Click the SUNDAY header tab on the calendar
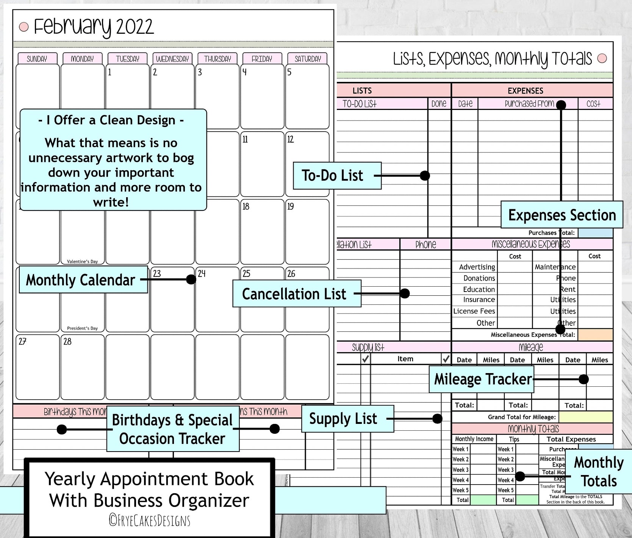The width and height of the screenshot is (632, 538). click(x=37, y=59)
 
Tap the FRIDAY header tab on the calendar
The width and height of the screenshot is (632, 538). click(x=262, y=59)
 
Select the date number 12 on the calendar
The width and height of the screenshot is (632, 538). click(x=291, y=139)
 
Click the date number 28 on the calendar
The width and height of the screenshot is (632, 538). click(x=67, y=341)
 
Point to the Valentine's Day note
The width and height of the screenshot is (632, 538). click(x=82, y=261)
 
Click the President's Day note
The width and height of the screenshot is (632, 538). click(x=82, y=328)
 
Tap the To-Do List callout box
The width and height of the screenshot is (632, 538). click(x=337, y=176)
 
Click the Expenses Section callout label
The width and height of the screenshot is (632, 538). click(x=562, y=215)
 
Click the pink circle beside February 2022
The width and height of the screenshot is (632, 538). click(x=24, y=27)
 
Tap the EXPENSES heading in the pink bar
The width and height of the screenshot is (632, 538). click(x=525, y=91)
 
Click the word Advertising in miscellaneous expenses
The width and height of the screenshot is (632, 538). click(x=477, y=267)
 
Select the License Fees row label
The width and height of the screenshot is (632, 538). click(x=474, y=311)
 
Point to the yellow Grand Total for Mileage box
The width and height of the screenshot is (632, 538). click(x=586, y=417)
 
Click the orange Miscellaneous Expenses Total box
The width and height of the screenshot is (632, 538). click(x=595, y=334)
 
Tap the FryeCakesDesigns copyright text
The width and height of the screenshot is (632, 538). click(x=150, y=520)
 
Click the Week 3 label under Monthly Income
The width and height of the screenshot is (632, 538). click(x=460, y=470)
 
